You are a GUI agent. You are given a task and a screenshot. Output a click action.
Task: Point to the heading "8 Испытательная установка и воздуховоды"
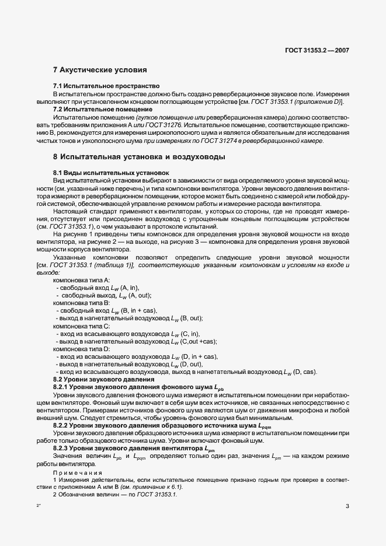138,157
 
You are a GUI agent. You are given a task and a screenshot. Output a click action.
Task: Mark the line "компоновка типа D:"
78,348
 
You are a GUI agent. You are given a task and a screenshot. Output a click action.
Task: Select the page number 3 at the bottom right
347,506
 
